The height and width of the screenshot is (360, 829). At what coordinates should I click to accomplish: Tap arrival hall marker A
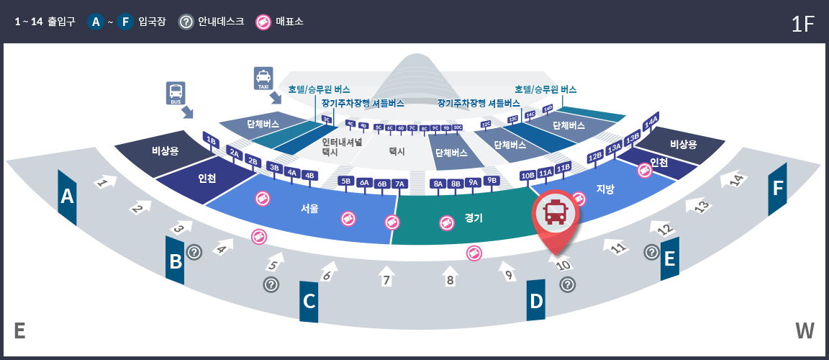click(68, 197)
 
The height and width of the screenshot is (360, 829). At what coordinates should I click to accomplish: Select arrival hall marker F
click(777, 189)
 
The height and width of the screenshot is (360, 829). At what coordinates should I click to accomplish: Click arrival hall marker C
click(309, 301)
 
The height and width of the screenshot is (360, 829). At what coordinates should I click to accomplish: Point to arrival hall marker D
click(536, 300)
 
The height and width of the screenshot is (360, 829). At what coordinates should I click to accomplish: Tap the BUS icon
click(176, 93)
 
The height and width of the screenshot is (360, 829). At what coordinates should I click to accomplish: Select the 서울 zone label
click(309, 209)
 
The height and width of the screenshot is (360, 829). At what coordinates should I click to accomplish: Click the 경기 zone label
click(474, 217)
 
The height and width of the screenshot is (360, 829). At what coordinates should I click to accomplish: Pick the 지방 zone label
click(605, 189)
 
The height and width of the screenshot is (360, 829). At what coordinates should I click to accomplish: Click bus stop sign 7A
click(399, 184)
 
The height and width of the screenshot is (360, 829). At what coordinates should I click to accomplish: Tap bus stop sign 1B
click(211, 140)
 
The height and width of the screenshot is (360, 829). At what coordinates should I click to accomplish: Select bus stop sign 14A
click(651, 121)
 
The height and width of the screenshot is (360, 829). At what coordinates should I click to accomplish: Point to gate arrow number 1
click(104, 182)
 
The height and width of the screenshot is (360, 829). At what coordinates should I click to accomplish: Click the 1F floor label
click(802, 24)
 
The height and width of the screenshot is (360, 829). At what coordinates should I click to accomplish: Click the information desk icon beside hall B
click(194, 252)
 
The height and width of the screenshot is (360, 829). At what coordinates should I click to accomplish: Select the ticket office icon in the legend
click(264, 22)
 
